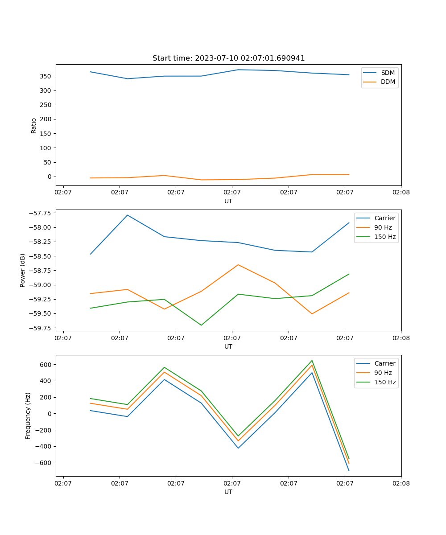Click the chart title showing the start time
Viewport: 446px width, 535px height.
click(228, 58)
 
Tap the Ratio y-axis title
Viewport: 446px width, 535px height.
click(34, 125)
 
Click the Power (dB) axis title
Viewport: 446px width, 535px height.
click(23, 270)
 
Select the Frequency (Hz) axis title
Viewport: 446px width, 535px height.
click(28, 416)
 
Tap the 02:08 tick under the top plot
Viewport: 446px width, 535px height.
click(401, 193)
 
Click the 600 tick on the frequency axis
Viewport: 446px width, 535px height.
click(46, 365)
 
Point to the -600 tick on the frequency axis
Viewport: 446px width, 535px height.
click(44, 463)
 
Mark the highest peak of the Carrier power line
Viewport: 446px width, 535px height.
click(128, 215)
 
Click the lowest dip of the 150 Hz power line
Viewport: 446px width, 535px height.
click(201, 325)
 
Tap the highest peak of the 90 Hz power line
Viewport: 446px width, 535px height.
click(238, 265)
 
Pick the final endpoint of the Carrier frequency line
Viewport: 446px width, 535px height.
click(349, 470)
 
